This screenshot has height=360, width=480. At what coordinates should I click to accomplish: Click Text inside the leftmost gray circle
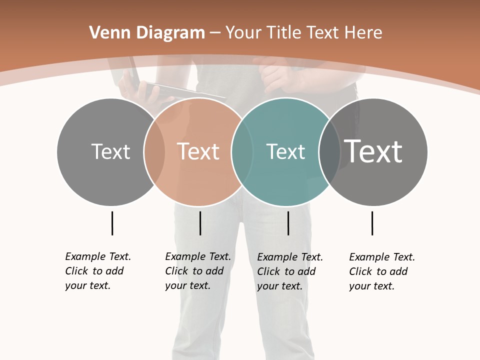(x=110, y=151)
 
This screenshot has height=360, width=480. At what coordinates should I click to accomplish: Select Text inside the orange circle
(x=198, y=151)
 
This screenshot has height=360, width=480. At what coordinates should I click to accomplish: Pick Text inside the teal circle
(x=285, y=151)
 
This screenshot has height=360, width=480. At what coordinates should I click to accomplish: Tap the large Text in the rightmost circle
(x=373, y=151)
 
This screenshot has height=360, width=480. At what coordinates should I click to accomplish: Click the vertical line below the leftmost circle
(x=112, y=223)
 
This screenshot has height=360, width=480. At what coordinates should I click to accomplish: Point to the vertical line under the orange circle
(x=200, y=223)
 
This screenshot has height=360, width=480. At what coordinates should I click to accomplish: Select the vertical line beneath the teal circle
(x=288, y=223)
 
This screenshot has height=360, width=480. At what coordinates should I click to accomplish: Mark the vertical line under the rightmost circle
(x=372, y=223)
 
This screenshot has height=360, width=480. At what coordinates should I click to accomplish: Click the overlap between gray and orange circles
(x=154, y=151)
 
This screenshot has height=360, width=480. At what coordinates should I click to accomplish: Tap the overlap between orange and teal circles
(x=242, y=151)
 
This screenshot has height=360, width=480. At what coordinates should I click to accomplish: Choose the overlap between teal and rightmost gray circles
(x=329, y=151)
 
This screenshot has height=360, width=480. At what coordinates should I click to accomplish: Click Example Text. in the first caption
(x=98, y=256)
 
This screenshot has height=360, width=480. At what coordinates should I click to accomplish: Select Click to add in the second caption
(x=194, y=271)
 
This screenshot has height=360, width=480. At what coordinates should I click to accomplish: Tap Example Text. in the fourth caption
(x=382, y=257)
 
